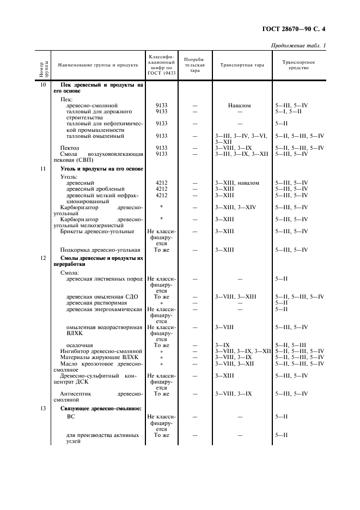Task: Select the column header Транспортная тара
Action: tap(242, 65)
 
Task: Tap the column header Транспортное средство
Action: tap(298, 65)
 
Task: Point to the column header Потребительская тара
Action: tap(194, 65)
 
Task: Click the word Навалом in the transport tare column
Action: tap(240, 105)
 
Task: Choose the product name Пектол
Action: tap(70, 148)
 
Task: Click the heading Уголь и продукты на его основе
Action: tap(101, 169)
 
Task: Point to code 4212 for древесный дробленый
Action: tap(161, 189)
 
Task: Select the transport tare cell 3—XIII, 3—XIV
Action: tap(235, 207)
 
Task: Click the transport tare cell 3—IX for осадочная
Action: tap(222, 345)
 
